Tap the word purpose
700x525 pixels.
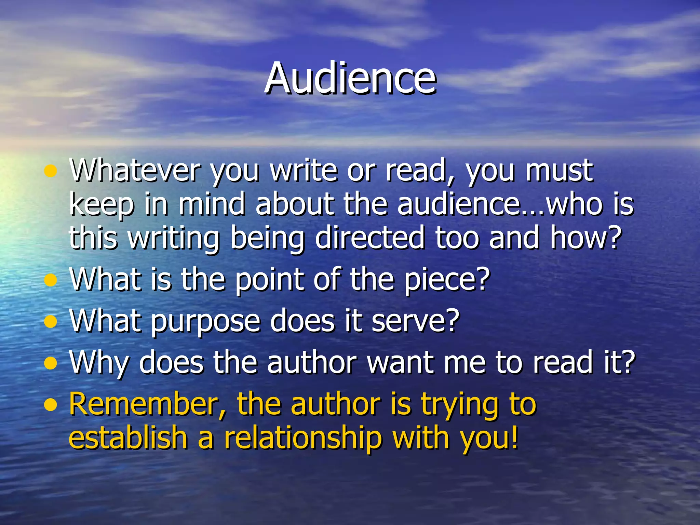coord(205,321)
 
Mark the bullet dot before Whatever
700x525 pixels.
coord(51,171)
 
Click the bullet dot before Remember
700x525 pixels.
coord(51,406)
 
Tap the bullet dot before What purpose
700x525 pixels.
coord(51,322)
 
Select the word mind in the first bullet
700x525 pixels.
coord(212,204)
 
